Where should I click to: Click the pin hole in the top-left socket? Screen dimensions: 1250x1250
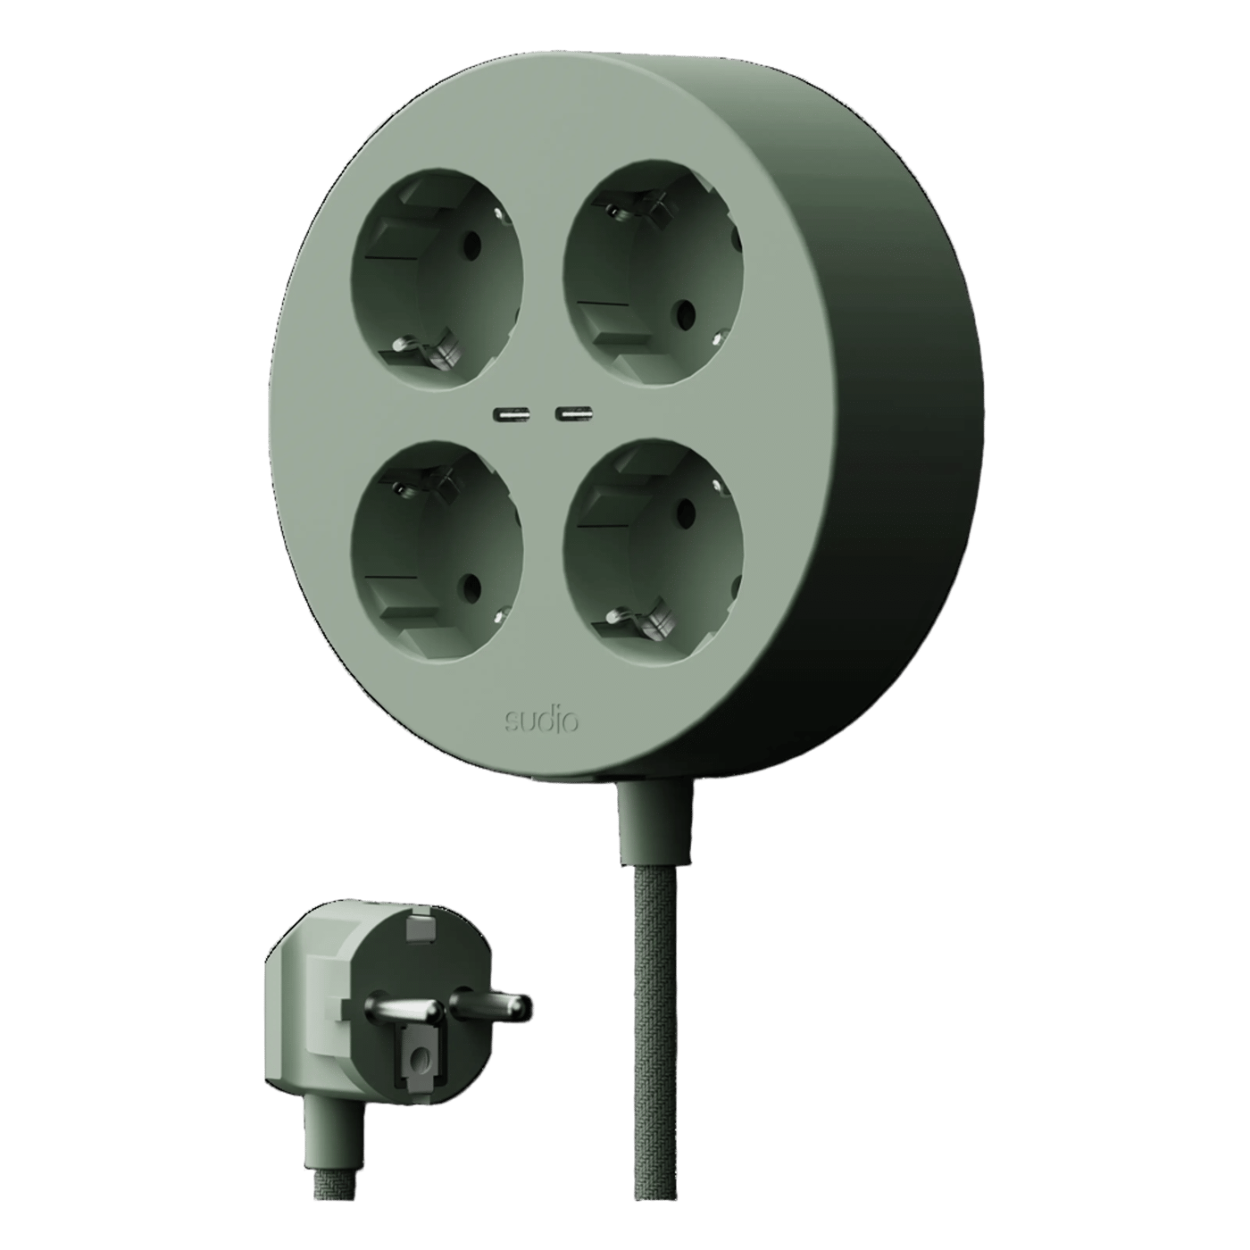point(473,245)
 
